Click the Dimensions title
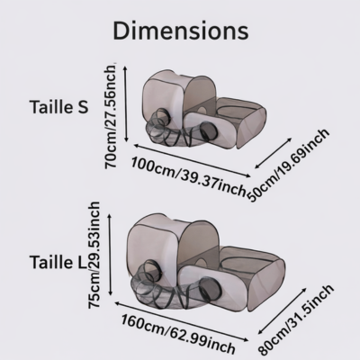click(x=181, y=31)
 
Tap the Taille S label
click(x=59, y=106)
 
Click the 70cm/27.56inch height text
click(x=109, y=116)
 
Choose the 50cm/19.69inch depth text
click(x=289, y=166)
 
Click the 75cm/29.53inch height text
click(x=94, y=255)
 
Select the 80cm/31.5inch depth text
click(x=296, y=319)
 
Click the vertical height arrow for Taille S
click(x=126, y=104)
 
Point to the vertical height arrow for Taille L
click(x=111, y=255)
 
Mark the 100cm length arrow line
click(x=192, y=161)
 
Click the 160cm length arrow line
click(x=182, y=321)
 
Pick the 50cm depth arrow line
click(x=274, y=153)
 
